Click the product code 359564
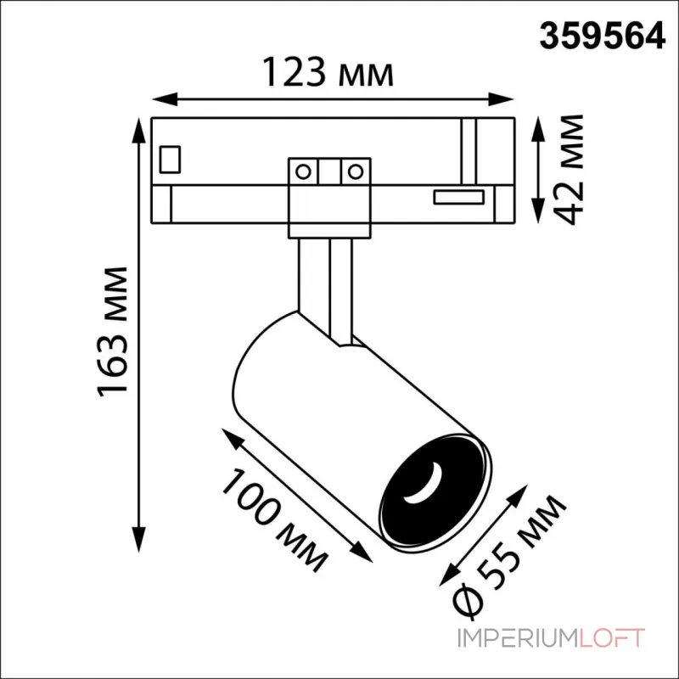602,37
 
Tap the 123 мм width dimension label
328,72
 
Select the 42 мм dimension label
568,169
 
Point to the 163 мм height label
113,332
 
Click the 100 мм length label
274,520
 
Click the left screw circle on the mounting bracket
303,172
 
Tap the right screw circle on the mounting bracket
356,172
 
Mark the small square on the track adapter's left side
170,160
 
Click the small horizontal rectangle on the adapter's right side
458,197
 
